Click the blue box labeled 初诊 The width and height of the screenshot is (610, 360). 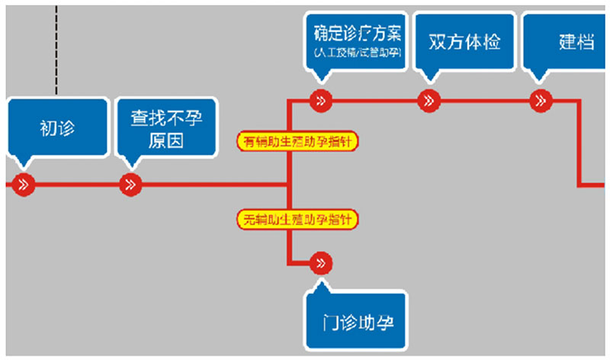(57, 128)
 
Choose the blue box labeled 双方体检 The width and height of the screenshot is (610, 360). (465, 41)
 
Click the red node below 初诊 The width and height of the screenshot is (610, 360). (24, 185)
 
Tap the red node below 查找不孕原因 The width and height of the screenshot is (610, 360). (131, 185)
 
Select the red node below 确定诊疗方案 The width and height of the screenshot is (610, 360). (321, 100)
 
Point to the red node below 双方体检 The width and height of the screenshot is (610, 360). (429, 100)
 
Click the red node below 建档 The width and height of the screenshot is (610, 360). (541, 100)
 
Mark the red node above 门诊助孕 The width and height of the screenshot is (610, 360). (321, 263)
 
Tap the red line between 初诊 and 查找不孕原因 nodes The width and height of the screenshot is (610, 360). (77, 185)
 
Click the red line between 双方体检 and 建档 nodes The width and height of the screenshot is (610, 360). (485, 100)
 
